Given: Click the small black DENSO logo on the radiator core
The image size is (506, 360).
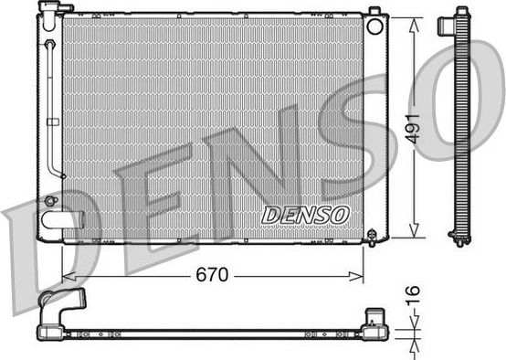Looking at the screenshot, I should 305,214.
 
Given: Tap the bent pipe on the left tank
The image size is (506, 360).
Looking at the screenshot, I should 57,110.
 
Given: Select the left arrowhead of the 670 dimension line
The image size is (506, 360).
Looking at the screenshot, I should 65,275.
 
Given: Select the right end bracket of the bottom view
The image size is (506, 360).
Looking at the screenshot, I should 377,322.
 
